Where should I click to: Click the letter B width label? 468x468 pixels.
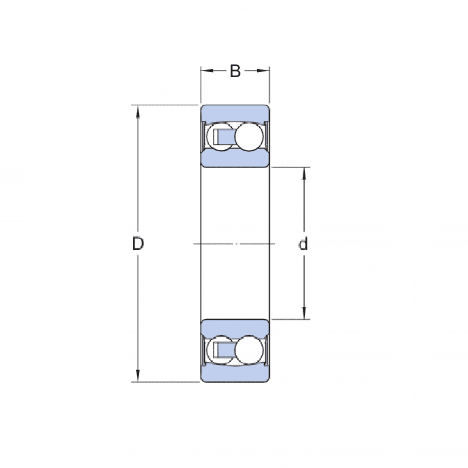[235, 71]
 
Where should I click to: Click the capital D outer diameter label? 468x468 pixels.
[138, 244]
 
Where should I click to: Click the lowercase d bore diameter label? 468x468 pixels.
[303, 244]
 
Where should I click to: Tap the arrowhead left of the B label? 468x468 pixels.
[206, 71]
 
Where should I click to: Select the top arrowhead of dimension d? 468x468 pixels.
[304, 173]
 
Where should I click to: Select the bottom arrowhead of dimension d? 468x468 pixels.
[304, 314]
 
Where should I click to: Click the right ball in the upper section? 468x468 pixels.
[248, 136]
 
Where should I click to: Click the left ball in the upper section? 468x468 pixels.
[217, 137]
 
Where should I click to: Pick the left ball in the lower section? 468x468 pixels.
[217, 349]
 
